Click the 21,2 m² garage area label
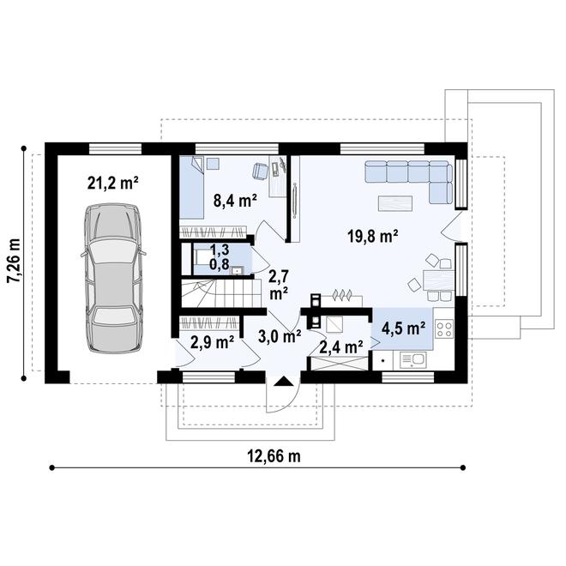coord(113,184)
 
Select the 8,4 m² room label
coord(235,201)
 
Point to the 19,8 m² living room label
coord(373,236)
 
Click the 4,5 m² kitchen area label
coord(403,328)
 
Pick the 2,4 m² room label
coord(341,347)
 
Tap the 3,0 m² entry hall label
coord(280,336)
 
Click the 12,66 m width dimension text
coord(274,456)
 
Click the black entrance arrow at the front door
coord(283,381)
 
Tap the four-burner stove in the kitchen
coord(443,329)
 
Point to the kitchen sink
coord(414,360)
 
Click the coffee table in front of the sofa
coord(395,203)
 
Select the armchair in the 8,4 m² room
coord(260,171)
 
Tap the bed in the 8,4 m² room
coord(192,187)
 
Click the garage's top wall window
coord(115,148)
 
